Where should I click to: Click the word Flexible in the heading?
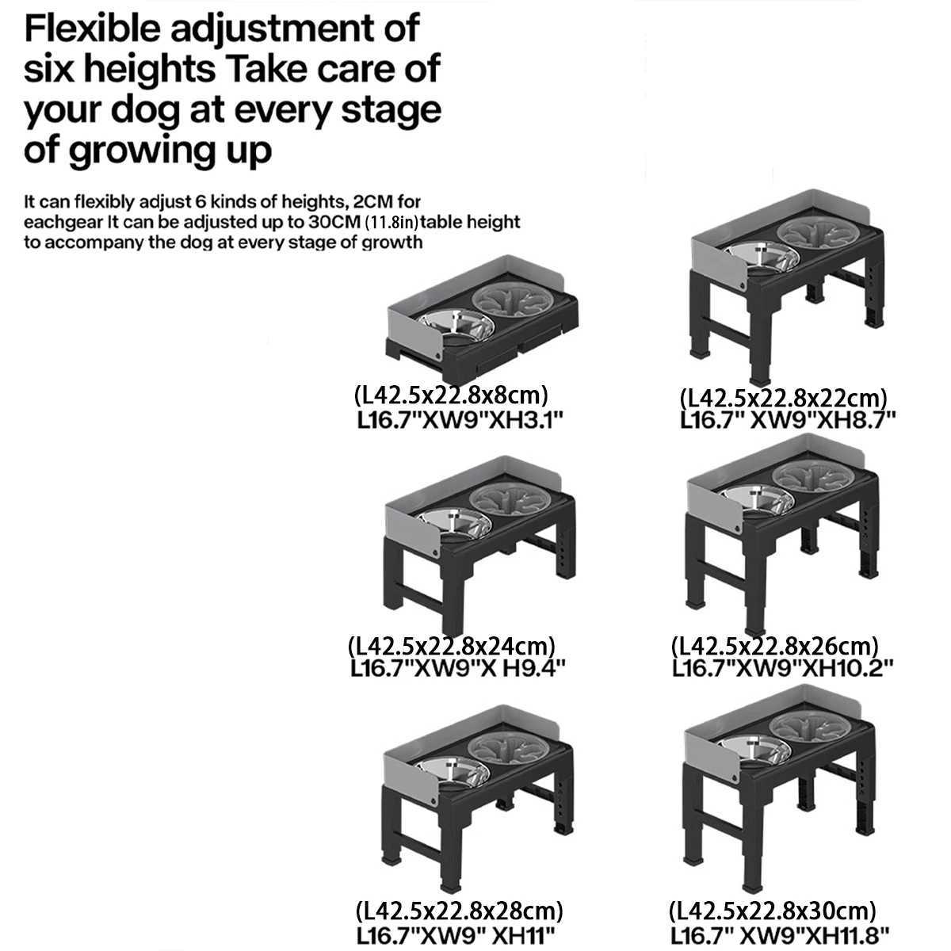[92, 28]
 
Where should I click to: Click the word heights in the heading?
[150, 69]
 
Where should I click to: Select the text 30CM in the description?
[334, 222]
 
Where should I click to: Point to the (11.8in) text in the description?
[391, 222]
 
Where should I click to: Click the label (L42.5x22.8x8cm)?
[451, 395]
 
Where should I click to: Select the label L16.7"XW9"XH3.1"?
[460, 421]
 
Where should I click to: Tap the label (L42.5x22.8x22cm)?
[783, 399]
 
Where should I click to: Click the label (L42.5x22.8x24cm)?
[452, 647]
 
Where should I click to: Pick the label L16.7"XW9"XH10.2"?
[783, 668]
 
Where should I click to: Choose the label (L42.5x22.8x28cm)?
[459, 911]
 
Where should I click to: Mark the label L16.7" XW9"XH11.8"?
[780, 934]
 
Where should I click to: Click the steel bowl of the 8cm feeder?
[456, 324]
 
